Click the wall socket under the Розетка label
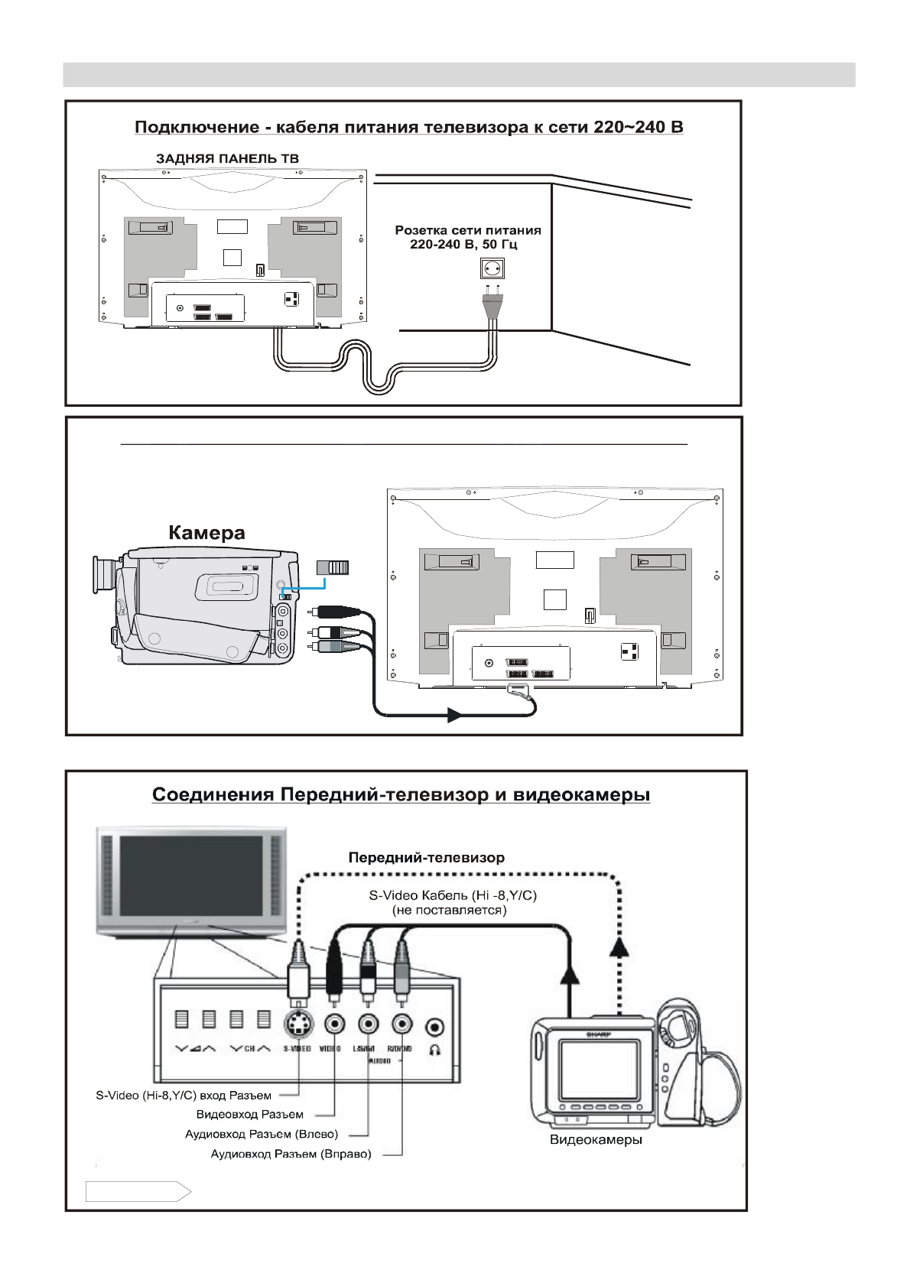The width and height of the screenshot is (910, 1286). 492,268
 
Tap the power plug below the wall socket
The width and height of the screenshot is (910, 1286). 491,305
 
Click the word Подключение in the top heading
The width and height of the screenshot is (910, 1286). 197,127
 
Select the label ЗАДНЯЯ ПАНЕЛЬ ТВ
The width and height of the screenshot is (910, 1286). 227,159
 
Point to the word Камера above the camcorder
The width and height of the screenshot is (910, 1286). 206,533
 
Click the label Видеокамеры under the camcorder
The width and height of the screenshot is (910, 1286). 596,1140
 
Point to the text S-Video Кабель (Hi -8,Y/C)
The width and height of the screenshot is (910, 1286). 453,895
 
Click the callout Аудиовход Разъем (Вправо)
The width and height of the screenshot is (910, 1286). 291,1154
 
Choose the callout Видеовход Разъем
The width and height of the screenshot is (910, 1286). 249,1115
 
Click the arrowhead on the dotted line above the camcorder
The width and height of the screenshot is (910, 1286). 619,948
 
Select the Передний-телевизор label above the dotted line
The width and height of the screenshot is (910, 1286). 426,858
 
